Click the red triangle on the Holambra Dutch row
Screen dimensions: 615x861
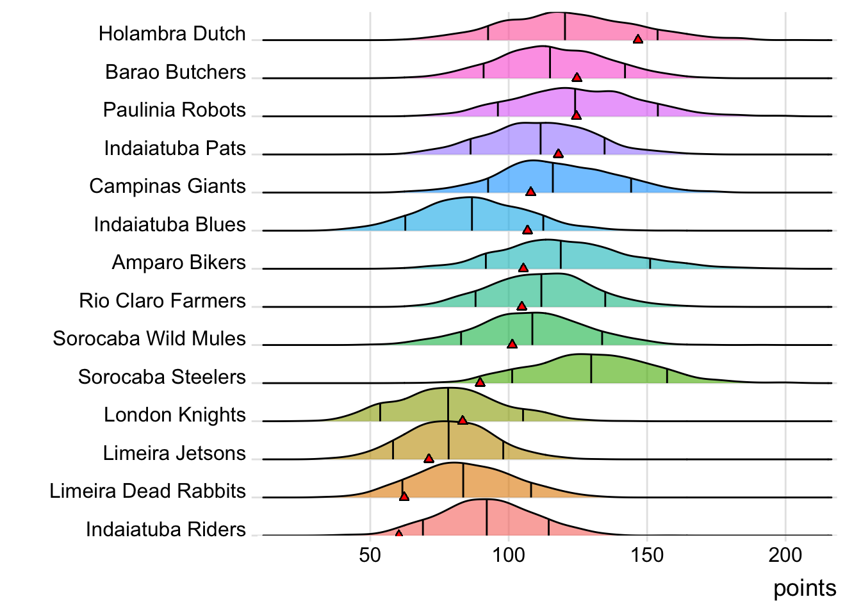[x=637, y=39]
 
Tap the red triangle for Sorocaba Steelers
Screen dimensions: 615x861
[x=480, y=382]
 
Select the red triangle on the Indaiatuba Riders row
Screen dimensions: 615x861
[x=398, y=533]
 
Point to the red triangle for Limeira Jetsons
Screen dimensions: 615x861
[x=429, y=458]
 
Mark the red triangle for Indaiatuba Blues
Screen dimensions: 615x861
[x=527, y=229]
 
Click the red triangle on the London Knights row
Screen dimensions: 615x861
[x=463, y=420]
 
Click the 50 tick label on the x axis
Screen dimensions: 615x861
[x=370, y=555]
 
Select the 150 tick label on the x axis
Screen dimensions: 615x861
[x=647, y=555]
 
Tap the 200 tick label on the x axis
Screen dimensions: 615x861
[x=785, y=555]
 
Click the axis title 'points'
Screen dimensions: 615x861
[x=804, y=588]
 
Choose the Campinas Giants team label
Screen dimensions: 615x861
[x=167, y=186]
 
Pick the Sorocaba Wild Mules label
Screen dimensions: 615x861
[x=149, y=338]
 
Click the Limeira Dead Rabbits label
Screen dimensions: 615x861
[x=147, y=491]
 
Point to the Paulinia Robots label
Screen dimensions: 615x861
[x=174, y=110]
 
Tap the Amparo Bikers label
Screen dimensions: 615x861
[x=179, y=262]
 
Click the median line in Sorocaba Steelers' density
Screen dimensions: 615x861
[x=591, y=369]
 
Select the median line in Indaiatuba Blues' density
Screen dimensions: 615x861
[x=472, y=214]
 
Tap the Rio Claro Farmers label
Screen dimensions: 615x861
[x=162, y=300]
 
